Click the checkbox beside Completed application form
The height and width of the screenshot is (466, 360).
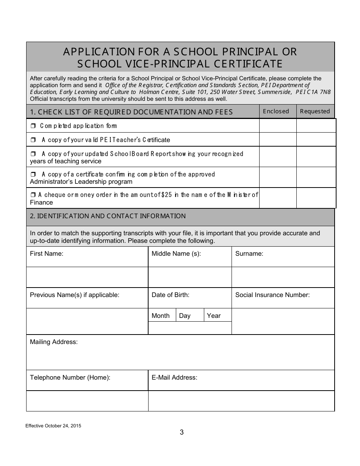tap(33, 126)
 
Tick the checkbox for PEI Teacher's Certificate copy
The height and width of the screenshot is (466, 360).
tap(33, 140)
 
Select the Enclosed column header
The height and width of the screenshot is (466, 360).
tap(276, 111)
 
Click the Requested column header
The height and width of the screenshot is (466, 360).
tap(315, 111)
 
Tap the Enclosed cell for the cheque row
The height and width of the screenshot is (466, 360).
tap(278, 198)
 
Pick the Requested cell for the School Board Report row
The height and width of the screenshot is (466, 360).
tap(316, 157)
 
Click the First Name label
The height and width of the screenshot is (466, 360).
tap(47, 254)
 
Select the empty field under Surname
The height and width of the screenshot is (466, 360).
tap(283, 277)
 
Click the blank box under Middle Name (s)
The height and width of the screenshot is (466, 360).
tap(189, 277)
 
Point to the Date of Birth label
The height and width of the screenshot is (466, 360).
tap(171, 295)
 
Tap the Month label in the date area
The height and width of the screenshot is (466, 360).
tap(161, 316)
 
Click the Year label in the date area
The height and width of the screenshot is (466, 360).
tap(214, 316)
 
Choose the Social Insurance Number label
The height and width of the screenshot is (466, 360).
tap(272, 295)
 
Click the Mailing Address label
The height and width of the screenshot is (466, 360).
tap(54, 342)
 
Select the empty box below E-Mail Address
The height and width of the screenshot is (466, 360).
tap(241, 401)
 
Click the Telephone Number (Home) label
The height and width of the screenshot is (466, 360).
tap(70, 378)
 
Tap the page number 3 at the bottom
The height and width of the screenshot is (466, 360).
tap(182, 432)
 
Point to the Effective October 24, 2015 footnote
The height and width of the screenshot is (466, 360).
tap(53, 425)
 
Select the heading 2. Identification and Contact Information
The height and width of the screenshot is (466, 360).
tap(108, 216)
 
